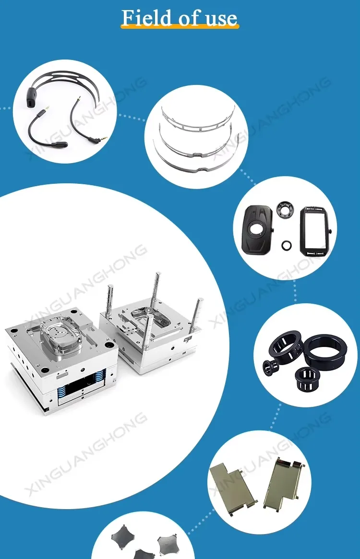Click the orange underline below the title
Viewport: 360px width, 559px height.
click(x=180, y=28)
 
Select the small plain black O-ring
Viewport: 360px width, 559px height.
click(x=286, y=245)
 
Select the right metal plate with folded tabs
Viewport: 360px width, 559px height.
click(x=284, y=482)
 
